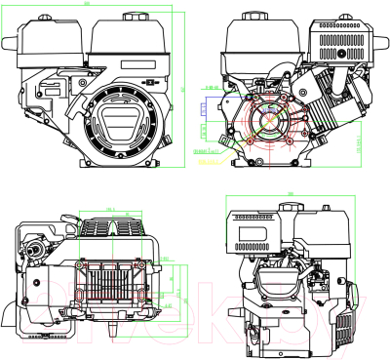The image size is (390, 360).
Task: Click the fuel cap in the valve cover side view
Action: [290, 207]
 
